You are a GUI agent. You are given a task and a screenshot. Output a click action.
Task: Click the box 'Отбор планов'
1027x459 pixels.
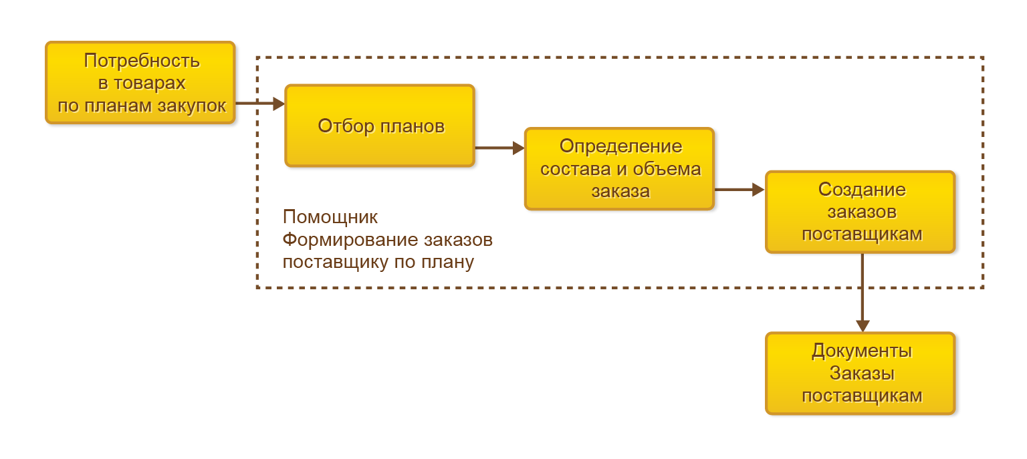(380, 126)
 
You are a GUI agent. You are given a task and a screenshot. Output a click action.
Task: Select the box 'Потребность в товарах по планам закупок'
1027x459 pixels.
(140, 82)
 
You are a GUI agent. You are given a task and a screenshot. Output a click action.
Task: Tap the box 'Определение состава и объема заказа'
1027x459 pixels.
(619, 168)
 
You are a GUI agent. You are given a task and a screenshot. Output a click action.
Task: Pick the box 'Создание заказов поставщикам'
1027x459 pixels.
(861, 212)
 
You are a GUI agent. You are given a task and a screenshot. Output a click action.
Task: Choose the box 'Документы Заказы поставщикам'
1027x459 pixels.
(861, 373)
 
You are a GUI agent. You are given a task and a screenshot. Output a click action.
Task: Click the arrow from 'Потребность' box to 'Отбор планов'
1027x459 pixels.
(260, 104)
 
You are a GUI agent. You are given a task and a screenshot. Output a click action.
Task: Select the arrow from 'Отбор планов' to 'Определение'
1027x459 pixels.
(499, 148)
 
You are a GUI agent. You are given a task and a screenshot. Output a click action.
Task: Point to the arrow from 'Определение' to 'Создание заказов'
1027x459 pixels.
(739, 190)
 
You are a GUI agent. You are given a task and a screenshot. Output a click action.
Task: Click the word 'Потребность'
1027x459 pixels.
(142, 61)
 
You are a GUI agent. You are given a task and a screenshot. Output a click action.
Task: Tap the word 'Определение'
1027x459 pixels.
(620, 146)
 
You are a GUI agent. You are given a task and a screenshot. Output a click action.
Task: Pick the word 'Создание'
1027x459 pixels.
(862, 190)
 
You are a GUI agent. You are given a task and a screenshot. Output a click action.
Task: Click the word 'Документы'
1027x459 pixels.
(862, 351)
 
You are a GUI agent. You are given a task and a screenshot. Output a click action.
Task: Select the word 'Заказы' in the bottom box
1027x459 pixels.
(862, 373)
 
